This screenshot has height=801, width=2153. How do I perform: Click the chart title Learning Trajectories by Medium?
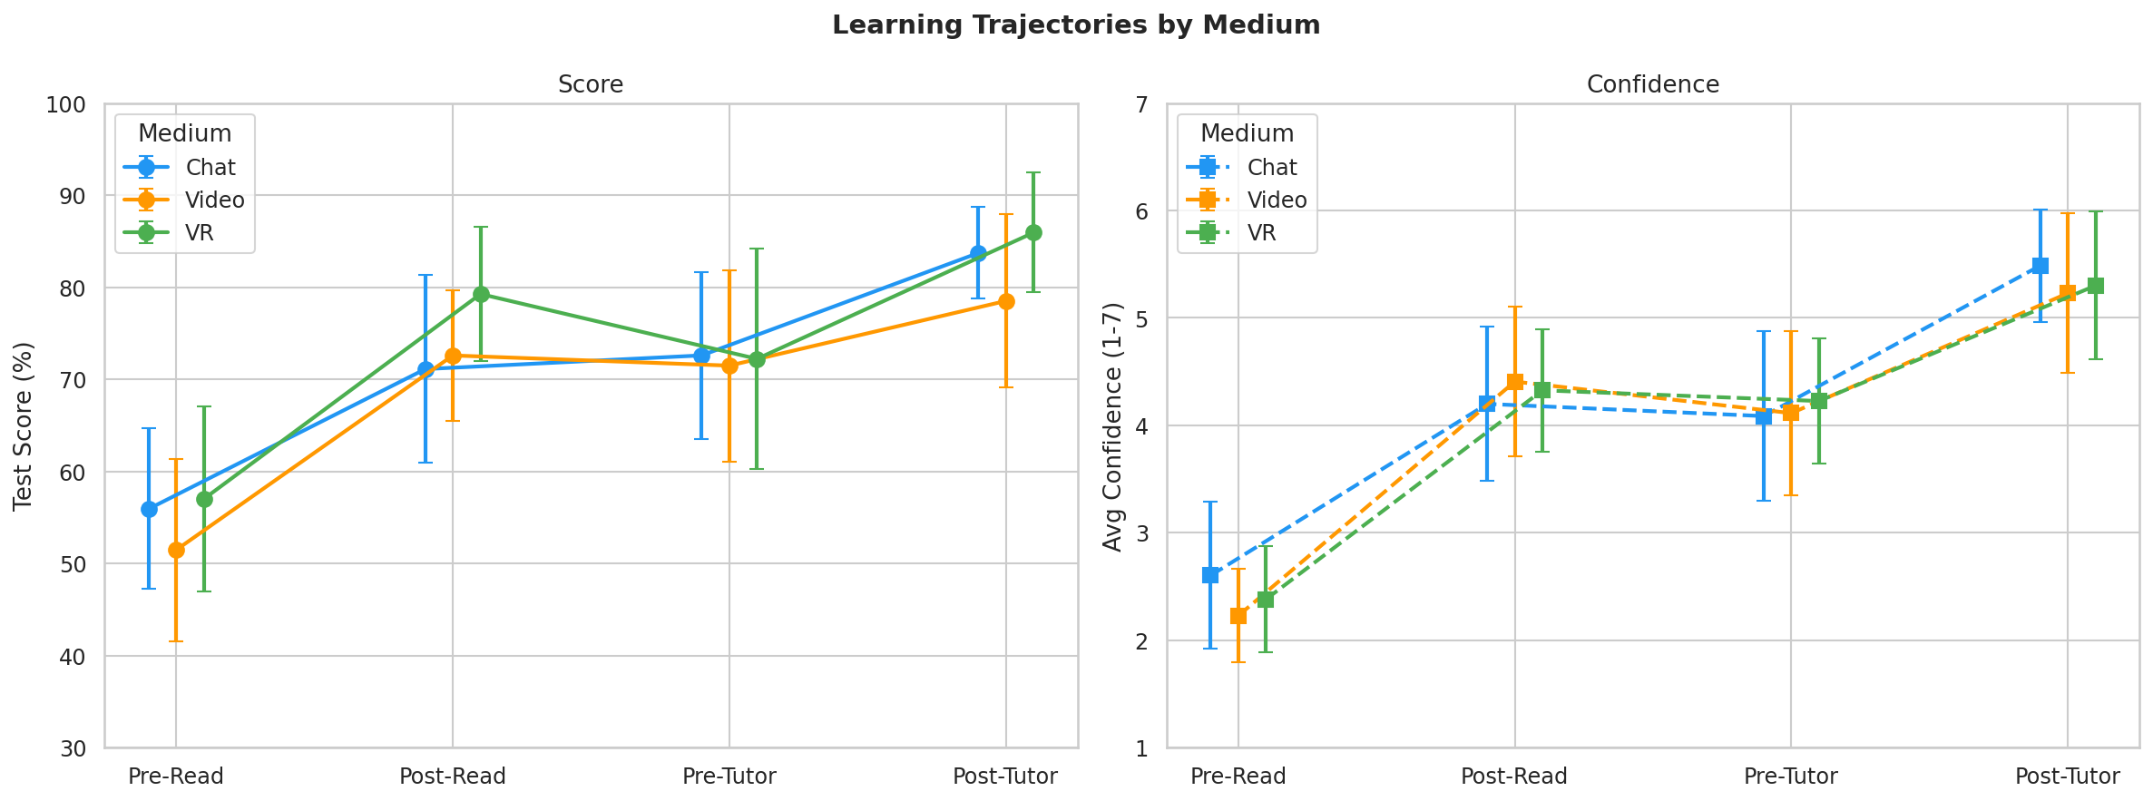[1076, 25]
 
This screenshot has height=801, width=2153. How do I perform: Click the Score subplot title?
[591, 84]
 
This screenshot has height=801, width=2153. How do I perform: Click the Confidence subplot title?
[1652, 84]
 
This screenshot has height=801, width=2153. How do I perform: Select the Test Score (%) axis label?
[24, 425]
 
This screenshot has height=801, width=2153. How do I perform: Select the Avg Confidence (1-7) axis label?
[1112, 425]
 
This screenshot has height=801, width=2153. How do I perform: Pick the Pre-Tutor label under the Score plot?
[729, 777]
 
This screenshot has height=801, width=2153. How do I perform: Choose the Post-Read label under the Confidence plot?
[1514, 777]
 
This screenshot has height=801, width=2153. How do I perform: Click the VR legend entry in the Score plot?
[200, 233]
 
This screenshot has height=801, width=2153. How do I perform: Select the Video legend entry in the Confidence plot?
[1277, 200]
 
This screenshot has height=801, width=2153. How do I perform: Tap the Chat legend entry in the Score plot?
[210, 168]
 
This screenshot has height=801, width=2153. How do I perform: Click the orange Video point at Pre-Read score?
[176, 550]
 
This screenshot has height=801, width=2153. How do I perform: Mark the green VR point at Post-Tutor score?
[1033, 232]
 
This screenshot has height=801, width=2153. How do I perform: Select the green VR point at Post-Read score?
[481, 294]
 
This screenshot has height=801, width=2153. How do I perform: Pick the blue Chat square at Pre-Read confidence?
[1210, 575]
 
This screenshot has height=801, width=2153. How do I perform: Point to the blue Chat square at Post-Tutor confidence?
[2040, 266]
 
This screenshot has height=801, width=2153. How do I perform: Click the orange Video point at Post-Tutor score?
[1006, 301]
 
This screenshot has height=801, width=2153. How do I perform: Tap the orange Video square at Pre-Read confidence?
[1238, 616]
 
